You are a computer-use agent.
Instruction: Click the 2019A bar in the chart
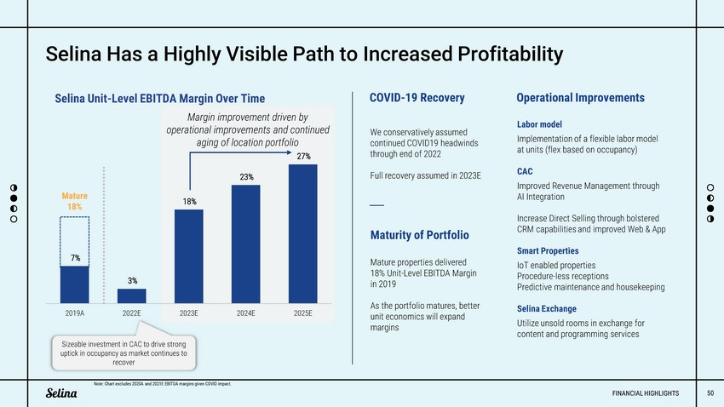tap(74, 284)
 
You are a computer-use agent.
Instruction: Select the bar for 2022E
tap(132, 295)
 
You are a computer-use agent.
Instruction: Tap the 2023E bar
tap(189, 255)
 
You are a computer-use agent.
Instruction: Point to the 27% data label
tap(303, 156)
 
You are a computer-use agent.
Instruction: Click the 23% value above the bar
tap(246, 177)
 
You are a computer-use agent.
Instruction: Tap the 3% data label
tap(133, 280)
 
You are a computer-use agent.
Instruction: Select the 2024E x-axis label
tap(245, 313)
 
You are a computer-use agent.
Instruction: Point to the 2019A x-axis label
tap(74, 313)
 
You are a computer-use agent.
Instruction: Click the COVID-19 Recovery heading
tap(417, 98)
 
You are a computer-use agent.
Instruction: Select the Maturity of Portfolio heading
tap(420, 234)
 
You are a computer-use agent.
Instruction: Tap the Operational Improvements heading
tap(580, 98)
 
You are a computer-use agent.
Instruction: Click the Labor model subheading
tap(538, 124)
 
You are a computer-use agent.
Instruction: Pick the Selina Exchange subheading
tap(546, 308)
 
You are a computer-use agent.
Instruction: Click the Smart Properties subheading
tap(548, 251)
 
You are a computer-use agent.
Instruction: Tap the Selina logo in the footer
tap(61, 393)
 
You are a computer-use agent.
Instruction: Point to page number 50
tap(710, 393)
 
